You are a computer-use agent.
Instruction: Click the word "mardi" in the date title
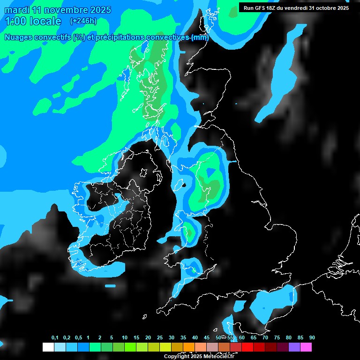[x=16, y=10]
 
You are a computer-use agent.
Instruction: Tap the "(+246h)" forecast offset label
[x=83, y=21]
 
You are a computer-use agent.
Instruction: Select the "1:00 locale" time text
[x=33, y=21]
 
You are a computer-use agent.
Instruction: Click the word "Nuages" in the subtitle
[x=19, y=37]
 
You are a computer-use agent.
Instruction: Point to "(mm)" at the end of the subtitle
[x=200, y=37]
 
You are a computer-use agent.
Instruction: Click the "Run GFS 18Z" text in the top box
[x=261, y=8]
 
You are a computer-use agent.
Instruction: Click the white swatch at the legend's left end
[x=48, y=347]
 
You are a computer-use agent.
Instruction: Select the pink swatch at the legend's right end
[x=306, y=347]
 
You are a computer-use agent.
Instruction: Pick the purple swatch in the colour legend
[x=294, y=347]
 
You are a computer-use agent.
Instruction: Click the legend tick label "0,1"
[x=55, y=338]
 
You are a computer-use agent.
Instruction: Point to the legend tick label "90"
[x=312, y=338]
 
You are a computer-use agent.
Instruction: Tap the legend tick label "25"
[x=160, y=338]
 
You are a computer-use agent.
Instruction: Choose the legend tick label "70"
[x=265, y=338]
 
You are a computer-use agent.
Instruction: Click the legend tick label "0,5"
[x=78, y=338]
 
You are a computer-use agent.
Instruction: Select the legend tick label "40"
[x=195, y=338]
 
